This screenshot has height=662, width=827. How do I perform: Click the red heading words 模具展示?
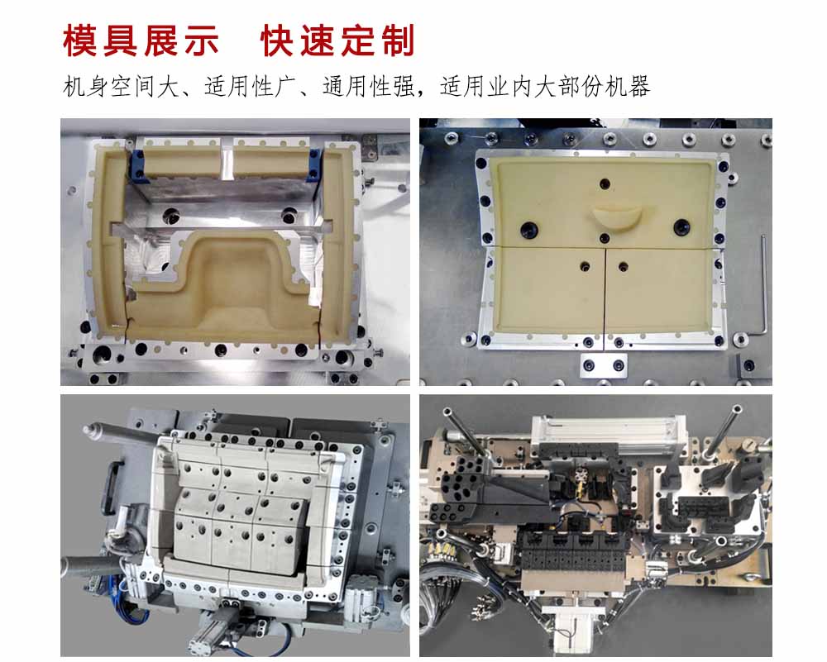pyautogui.click(x=141, y=40)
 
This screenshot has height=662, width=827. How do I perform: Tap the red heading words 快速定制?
pyautogui.click(x=337, y=40)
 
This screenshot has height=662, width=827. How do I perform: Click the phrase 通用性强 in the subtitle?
pyautogui.click(x=369, y=87)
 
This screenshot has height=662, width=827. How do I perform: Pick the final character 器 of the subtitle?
pyautogui.click(x=638, y=87)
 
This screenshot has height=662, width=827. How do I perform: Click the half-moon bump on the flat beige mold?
pyautogui.click(x=615, y=217)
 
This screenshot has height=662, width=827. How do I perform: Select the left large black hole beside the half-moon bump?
pyautogui.click(x=528, y=229)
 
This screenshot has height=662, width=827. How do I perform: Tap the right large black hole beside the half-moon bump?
pyautogui.click(x=681, y=227)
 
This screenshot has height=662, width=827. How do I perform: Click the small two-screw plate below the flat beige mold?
pyautogui.click(x=604, y=364)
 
